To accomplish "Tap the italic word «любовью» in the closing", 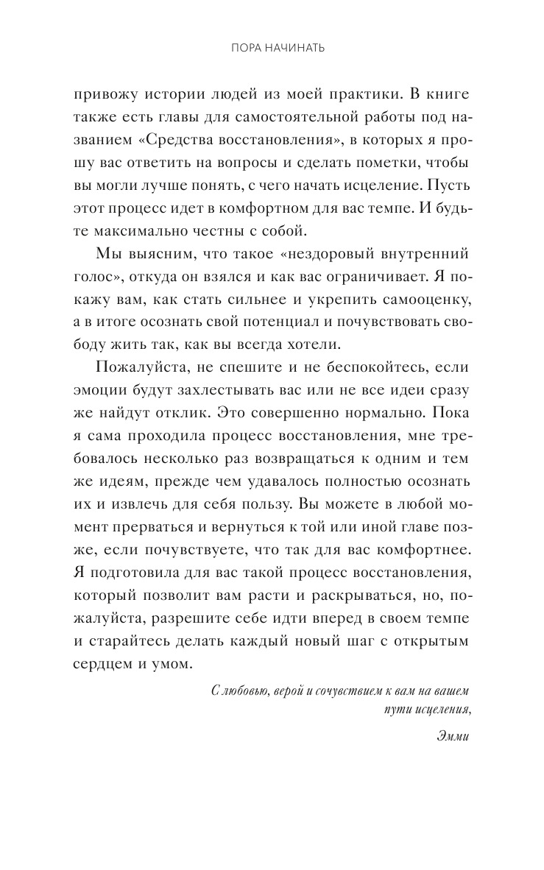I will pyautogui.click(x=251, y=692).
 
